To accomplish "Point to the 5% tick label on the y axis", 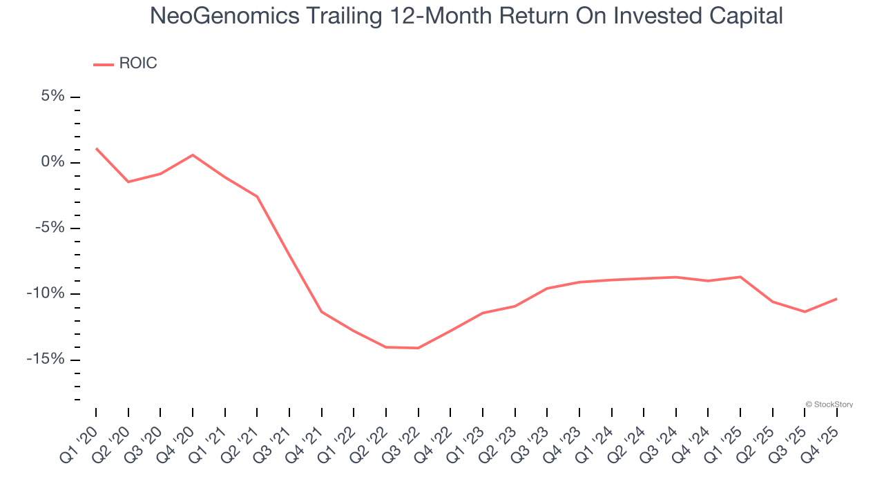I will (x=52, y=96).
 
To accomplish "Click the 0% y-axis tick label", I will (x=52, y=162).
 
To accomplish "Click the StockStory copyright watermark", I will (x=829, y=405).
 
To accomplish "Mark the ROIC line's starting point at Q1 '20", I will (x=96, y=148).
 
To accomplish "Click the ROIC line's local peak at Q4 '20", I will (x=193, y=155).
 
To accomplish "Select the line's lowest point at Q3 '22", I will (x=419, y=348).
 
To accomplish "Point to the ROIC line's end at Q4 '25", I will (x=837, y=299).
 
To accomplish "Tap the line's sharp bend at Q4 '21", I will (x=322, y=312).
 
